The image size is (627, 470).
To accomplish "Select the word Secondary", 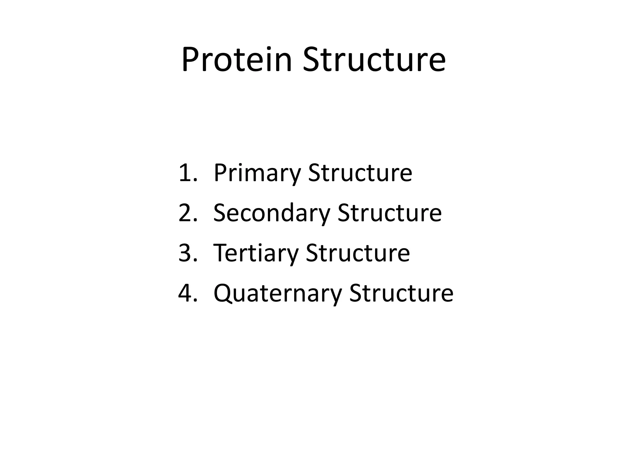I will (x=272, y=213).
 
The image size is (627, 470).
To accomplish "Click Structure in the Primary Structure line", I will (x=360, y=173).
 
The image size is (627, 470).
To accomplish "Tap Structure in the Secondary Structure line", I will (x=389, y=213).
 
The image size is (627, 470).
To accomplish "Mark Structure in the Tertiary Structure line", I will (x=358, y=253).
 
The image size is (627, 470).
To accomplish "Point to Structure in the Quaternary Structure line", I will (x=401, y=293).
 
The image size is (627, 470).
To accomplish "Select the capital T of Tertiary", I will (x=221, y=253).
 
